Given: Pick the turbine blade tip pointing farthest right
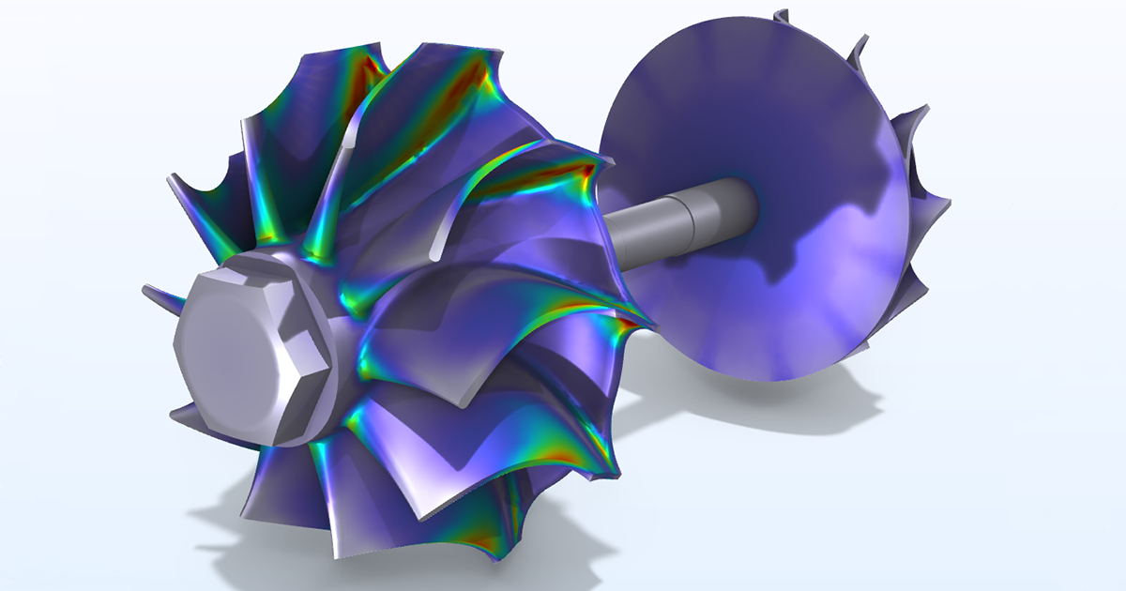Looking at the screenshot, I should pos(943,202).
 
